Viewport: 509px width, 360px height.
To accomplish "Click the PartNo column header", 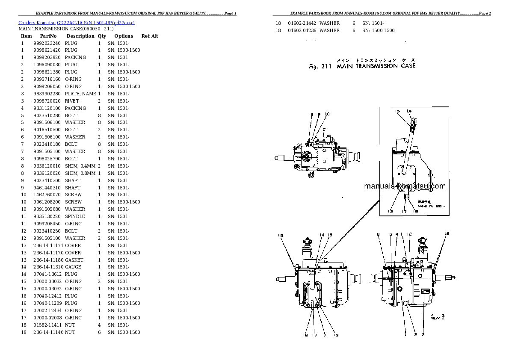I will tap(48, 36).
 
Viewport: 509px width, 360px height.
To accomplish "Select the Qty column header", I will tap(102, 36).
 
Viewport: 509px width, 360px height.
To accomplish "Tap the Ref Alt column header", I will tap(150, 36).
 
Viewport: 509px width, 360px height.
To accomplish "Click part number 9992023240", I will tap(47, 43).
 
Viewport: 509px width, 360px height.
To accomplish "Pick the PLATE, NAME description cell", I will tap(80, 94).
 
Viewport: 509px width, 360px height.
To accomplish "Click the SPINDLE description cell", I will tap(75, 216).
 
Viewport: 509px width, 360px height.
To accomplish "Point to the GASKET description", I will tap(74, 260).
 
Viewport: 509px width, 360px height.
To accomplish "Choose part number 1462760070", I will tap(47, 195).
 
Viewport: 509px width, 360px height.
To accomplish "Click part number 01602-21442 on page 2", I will tap(302, 23).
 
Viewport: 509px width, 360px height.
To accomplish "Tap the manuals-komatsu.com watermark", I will tap(405, 186).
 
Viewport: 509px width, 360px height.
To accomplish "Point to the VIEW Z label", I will tap(435, 317).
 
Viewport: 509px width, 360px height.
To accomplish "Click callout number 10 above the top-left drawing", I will tap(327, 114).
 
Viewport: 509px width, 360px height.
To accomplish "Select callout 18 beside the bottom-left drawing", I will tap(281, 235).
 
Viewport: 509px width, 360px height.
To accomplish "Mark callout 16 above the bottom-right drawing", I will tap(447, 233).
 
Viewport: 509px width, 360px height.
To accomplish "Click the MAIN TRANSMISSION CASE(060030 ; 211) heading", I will tap(66, 29).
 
